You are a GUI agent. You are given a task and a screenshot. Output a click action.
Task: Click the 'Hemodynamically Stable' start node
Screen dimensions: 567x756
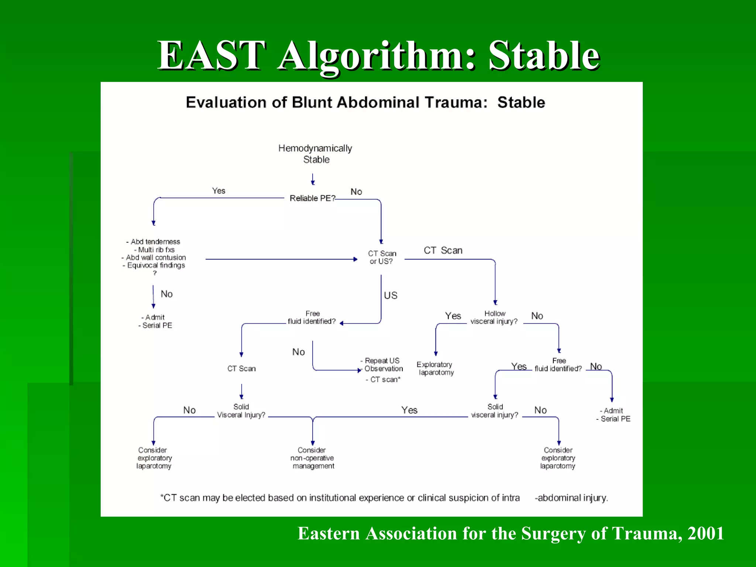(315, 154)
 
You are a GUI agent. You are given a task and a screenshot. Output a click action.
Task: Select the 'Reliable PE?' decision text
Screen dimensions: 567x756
(312, 198)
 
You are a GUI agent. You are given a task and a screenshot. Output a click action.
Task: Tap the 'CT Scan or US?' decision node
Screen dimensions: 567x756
(382, 257)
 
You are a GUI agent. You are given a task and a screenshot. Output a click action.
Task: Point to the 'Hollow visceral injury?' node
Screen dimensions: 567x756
(494, 317)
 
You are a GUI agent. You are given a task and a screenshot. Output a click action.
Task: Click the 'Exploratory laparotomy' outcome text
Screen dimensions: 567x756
(435, 368)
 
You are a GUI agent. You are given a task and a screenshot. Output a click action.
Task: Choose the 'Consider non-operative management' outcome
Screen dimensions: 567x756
(312, 458)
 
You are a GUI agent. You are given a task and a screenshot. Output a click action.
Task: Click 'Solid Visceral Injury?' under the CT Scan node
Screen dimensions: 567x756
(241, 411)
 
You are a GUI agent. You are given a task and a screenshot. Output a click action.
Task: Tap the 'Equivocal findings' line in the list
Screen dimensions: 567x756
(155, 265)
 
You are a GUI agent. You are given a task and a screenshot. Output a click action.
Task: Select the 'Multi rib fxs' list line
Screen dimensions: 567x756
(154, 250)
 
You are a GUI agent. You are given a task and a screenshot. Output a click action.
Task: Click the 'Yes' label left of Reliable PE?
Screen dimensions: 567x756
(219, 191)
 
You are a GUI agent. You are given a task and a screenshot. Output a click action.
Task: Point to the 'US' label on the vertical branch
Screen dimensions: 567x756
(391, 296)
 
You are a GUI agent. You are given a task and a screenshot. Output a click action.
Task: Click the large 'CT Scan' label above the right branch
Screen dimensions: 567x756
(443, 250)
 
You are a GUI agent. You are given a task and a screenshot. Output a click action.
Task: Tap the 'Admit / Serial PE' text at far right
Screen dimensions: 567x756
(614, 415)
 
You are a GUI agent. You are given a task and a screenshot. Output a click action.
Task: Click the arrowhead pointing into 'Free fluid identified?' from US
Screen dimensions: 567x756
(341, 323)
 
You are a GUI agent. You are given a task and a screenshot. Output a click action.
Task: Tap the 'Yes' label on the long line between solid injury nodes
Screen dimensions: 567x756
(409, 410)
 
